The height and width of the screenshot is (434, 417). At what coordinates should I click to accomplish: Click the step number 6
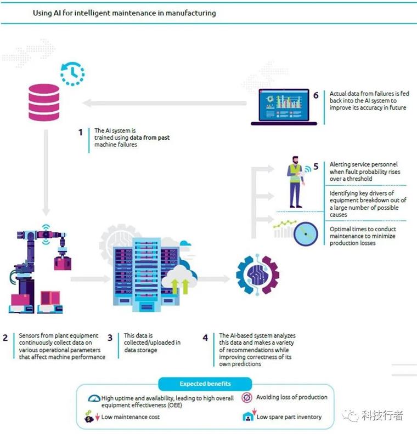pyautogui.click(x=315, y=95)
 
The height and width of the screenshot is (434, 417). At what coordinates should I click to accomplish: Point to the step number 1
pyautogui.click(x=80, y=132)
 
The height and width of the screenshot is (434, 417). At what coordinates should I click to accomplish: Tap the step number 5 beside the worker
pyautogui.click(x=315, y=165)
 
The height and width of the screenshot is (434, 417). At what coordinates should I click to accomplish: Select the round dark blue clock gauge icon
pyautogui.click(x=306, y=234)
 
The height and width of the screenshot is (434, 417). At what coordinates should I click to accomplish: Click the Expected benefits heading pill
pyautogui.click(x=205, y=384)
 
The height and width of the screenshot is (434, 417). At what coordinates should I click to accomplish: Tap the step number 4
pyautogui.click(x=206, y=338)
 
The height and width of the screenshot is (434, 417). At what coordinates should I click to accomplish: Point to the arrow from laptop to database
pyautogui.click(x=165, y=102)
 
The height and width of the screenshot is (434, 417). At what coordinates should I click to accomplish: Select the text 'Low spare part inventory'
pyautogui.click(x=289, y=417)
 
